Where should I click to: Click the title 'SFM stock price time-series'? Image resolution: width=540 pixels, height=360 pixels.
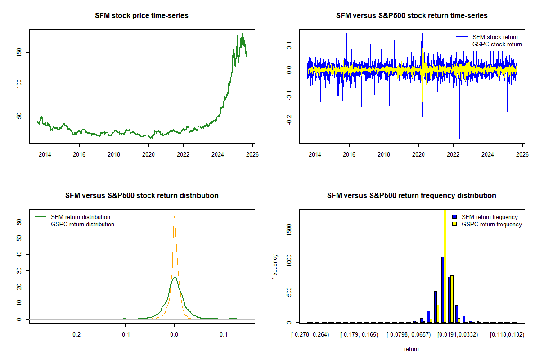(142, 16)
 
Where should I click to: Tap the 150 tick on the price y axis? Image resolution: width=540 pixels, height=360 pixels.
(22, 52)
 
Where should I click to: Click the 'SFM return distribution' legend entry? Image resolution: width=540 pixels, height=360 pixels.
(81, 217)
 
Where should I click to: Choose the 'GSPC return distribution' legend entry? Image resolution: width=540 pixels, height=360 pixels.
(82, 224)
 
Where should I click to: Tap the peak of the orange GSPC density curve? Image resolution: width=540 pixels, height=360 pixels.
(174, 216)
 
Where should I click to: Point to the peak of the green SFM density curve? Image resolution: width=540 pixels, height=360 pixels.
(175, 277)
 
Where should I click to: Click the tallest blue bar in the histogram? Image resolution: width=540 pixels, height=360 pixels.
(442, 289)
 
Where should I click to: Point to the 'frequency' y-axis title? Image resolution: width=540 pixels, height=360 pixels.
(275, 266)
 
